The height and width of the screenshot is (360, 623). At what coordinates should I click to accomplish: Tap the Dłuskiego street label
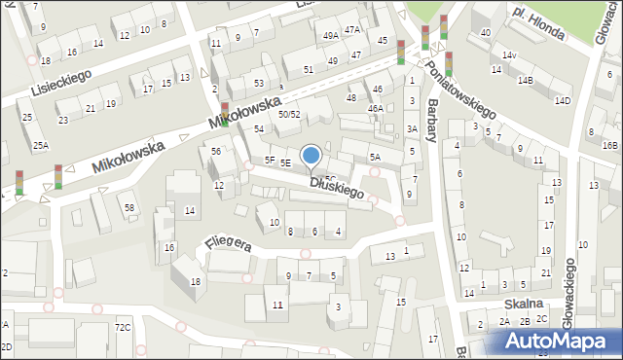(x=337, y=188)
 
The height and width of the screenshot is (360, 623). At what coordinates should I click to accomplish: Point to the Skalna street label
(x=522, y=304)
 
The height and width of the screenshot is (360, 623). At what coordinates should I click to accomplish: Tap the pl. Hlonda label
(x=538, y=24)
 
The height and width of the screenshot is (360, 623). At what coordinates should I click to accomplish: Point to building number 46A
(x=375, y=108)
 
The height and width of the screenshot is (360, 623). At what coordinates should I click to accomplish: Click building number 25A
(x=40, y=146)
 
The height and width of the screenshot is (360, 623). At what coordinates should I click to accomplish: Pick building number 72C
(x=123, y=327)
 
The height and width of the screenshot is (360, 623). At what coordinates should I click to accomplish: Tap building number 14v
(x=509, y=55)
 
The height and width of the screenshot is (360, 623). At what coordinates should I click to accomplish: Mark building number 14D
(x=562, y=100)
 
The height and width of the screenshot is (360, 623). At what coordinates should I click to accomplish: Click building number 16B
(x=609, y=145)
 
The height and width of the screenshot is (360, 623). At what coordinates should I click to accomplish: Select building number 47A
(x=351, y=29)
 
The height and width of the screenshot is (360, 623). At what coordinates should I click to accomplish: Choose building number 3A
(x=412, y=128)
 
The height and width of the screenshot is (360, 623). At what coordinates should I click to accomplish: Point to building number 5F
(x=270, y=160)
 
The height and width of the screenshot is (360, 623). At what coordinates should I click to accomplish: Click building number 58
(x=128, y=207)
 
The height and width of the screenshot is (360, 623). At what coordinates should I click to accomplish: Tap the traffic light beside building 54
(x=226, y=115)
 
